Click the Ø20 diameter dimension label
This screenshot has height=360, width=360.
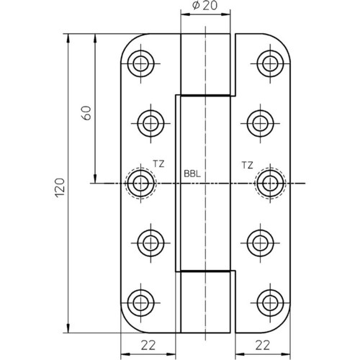coord(204,5)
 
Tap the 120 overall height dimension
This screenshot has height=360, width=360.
coord(60,188)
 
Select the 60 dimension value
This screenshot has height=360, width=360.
coord(86,113)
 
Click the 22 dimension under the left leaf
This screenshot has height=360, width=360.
coord(148,346)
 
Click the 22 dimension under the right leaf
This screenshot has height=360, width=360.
coord(263,346)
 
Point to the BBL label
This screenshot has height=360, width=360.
coord(192,174)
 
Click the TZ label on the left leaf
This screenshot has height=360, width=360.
coord(158,164)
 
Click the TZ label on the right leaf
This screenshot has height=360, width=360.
coord(247,166)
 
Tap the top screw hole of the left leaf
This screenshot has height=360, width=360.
coord(140,63)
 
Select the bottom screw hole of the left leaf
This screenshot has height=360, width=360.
coord(140,303)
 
